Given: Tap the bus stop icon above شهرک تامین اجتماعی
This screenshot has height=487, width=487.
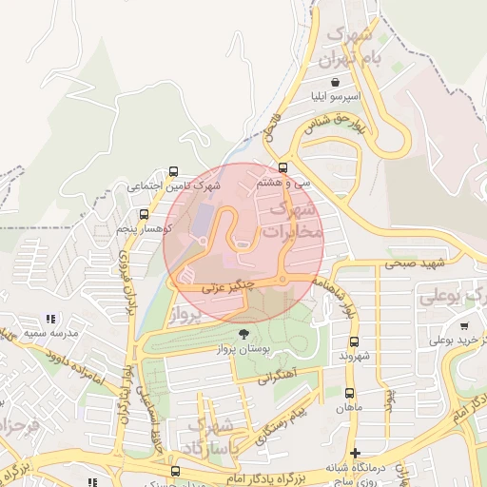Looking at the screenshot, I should (x=172, y=172).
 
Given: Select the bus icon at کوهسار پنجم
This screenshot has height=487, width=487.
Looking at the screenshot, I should (x=144, y=214).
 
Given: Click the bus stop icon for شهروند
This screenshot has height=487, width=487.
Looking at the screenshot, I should (x=355, y=341).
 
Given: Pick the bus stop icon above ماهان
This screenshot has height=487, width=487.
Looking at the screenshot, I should (x=349, y=392).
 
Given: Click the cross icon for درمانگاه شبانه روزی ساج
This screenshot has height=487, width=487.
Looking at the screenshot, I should (x=356, y=453).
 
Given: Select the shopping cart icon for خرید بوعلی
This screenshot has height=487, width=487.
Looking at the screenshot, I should (x=463, y=325).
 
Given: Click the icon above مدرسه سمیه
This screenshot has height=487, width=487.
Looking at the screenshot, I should (x=50, y=319).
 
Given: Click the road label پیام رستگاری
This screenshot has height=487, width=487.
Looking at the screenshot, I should (x=281, y=423).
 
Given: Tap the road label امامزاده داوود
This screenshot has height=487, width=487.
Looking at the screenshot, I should (x=68, y=363).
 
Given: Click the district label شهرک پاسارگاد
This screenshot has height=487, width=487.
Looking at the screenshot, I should (x=210, y=436).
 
